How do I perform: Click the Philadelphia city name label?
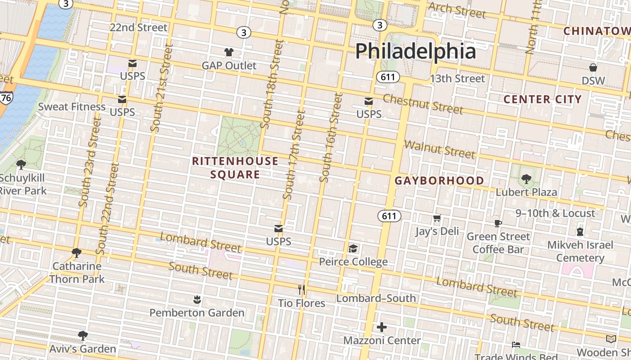pos(415,51)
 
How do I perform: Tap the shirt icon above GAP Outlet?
pos(229,52)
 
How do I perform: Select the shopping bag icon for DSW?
pos(593,67)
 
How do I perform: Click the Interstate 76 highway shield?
pos(6,98)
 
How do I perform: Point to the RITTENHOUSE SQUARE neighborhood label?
pos(235,167)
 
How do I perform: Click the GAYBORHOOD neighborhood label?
pos(439,181)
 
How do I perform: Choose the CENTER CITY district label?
pos(542,99)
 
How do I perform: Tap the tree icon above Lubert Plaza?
pos(526,179)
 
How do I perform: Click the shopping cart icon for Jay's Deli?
pos(437,219)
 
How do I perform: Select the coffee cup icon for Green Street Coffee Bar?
pos(498,223)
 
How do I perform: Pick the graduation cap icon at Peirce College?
pos(353,248)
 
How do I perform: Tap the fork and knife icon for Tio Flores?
pos(302,290)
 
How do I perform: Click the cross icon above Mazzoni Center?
pos(382,327)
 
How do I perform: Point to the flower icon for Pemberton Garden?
pos(197,299)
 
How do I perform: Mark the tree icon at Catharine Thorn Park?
pos(77,253)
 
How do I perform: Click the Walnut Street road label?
pos(440,150)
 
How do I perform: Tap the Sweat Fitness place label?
pos(72,107)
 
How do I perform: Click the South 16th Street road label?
pos(330,137)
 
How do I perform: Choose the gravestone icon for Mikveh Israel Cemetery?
pos(580,232)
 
